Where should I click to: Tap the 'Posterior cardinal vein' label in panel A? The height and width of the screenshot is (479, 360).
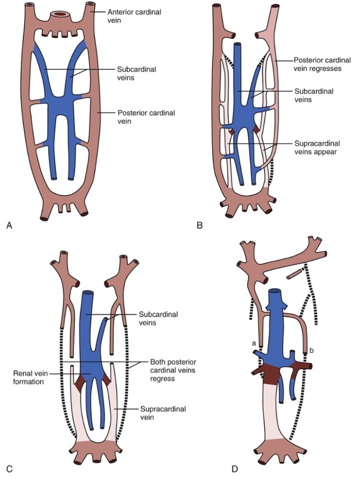coord(146,118)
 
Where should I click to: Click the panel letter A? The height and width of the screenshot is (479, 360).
coord(9,226)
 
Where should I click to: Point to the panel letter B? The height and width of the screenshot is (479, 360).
coord(200,226)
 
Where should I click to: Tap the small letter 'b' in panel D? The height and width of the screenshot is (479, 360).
coord(312,350)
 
